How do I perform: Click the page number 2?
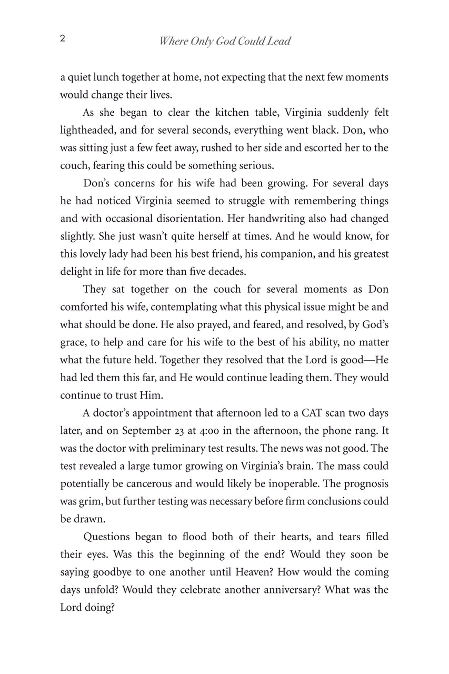click(63, 39)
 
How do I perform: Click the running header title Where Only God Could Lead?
click(225, 42)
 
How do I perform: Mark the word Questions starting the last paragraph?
click(108, 537)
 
